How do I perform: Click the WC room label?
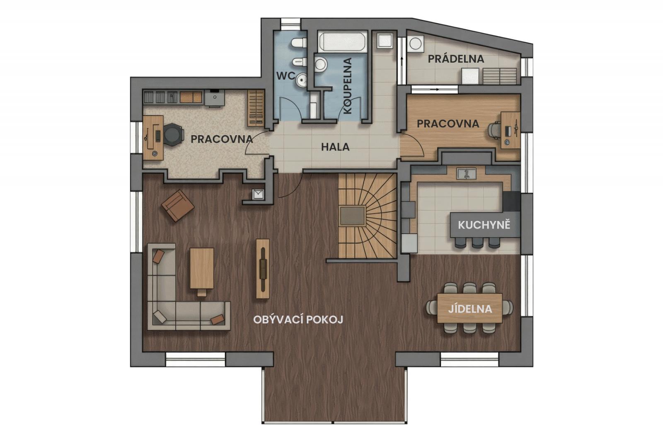coord(286,76)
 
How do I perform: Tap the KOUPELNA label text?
coord(348,86)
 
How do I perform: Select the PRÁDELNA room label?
coord(456,59)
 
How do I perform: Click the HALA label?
coord(335,147)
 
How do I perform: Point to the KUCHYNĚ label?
coord(484,225)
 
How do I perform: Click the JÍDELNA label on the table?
coord(470,309)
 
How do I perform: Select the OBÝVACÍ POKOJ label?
coord(298,320)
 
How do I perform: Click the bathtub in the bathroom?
coord(343,41)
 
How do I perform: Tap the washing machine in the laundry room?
coord(416,44)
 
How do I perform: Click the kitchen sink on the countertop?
coord(466,173)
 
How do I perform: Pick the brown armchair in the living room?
coord(178,206)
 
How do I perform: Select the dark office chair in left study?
coord(172,135)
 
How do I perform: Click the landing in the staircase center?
coord(352,216)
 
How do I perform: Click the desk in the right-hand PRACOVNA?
coord(510,130)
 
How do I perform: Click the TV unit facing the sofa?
coord(263,269)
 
